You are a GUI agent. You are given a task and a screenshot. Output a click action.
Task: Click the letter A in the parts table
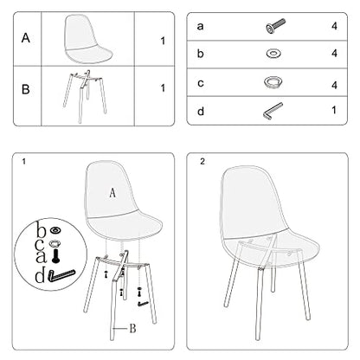click(26, 38)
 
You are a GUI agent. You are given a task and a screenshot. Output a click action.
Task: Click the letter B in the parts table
click(26, 89)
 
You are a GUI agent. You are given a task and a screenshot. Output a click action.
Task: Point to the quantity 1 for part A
click(163, 41)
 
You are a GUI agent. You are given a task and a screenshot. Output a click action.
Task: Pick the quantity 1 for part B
click(163, 88)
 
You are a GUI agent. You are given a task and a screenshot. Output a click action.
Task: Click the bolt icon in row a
click(275, 26)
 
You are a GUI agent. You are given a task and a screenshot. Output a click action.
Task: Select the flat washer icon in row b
click(273, 54)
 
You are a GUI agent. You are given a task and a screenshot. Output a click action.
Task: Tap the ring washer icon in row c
click(273, 82)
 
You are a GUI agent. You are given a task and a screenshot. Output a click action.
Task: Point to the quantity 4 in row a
click(334, 26)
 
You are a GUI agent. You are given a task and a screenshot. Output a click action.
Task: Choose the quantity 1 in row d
click(334, 110)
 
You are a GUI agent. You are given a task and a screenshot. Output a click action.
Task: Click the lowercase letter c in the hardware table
click(201, 83)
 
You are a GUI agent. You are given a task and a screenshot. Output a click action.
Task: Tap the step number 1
click(23, 162)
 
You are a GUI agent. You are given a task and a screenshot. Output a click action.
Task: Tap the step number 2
click(202, 162)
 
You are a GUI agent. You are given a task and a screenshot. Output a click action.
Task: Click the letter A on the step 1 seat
click(112, 193)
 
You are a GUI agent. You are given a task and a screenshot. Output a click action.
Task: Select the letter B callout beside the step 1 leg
click(132, 328)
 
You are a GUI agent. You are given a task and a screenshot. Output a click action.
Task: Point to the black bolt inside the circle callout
click(55, 256)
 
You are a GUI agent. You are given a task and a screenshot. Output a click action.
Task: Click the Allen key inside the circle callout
click(61, 276)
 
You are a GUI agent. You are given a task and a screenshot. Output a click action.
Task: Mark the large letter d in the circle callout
click(40, 275)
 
